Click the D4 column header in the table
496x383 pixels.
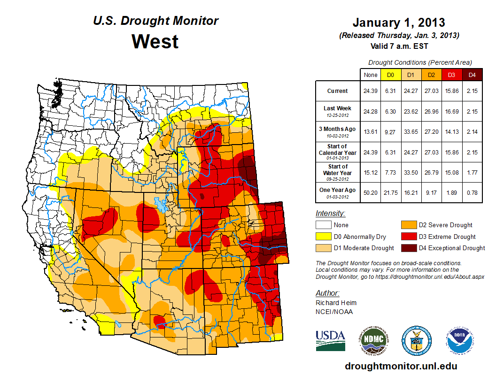tap(472, 75)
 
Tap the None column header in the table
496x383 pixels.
tap(370, 75)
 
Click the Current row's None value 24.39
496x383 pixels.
tap(370, 91)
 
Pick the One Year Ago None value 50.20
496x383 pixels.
tap(370, 192)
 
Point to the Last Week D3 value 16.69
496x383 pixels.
tap(452, 111)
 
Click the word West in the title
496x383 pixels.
tap(155, 41)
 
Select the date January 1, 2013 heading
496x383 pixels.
tap(399, 23)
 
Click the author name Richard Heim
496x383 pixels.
tap(336, 303)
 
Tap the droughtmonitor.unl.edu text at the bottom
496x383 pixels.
tap(401, 366)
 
